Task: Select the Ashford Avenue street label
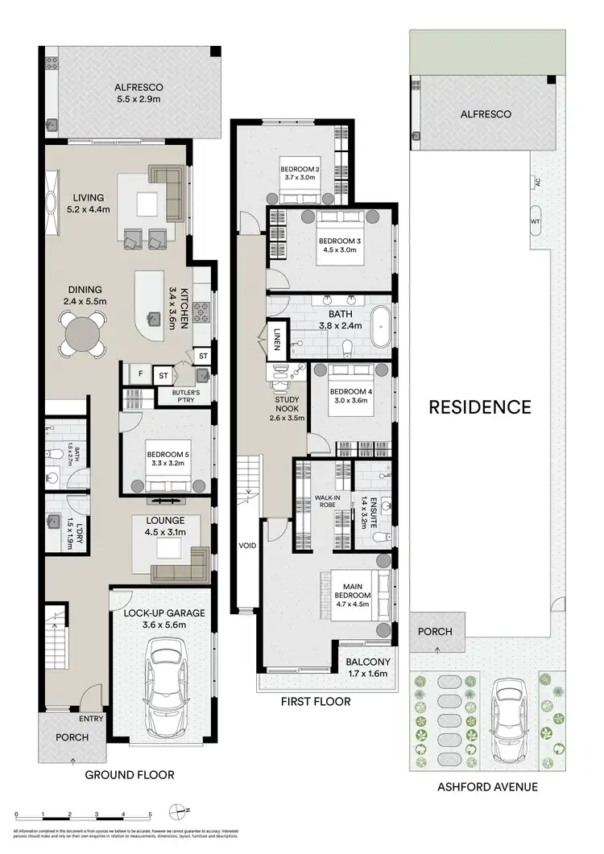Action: tap(488, 786)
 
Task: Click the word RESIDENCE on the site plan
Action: tap(479, 406)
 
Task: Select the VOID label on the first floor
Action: tap(247, 545)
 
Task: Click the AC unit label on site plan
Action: tap(535, 183)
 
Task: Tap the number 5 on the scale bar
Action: tap(150, 815)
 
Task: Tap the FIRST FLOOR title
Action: tap(315, 701)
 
